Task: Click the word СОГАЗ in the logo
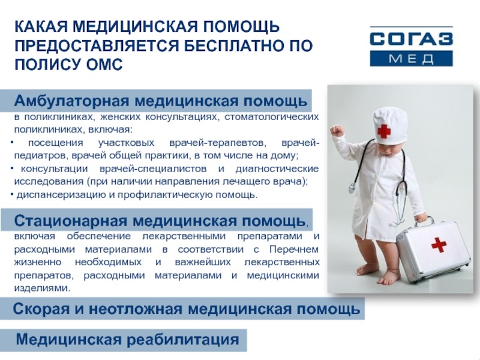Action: click(x=411, y=38)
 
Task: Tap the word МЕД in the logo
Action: click(x=411, y=58)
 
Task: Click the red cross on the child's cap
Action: click(x=384, y=131)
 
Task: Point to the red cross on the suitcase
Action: click(x=439, y=244)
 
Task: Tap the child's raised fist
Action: click(x=337, y=131)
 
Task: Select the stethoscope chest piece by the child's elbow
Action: click(x=352, y=187)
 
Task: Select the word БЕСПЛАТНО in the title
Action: click(x=230, y=46)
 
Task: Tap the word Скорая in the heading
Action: click(x=41, y=309)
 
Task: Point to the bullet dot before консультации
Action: click(x=12, y=169)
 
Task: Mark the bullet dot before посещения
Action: click(x=12, y=143)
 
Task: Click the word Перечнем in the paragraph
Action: click(x=294, y=250)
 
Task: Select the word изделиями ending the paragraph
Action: click(x=41, y=288)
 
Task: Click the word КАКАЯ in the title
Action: click(x=41, y=26)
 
